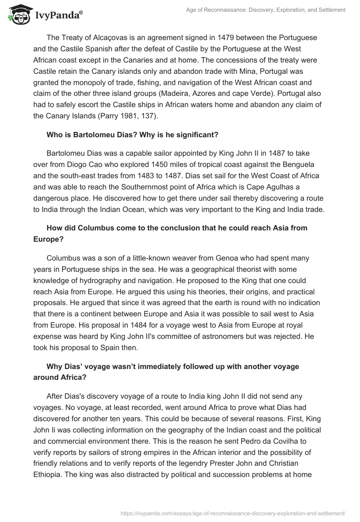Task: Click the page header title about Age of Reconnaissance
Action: tap(265, 9)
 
